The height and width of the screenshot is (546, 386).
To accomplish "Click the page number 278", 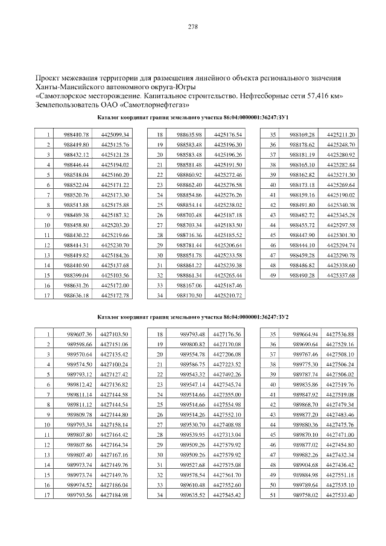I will pyautogui.click(x=193, y=27).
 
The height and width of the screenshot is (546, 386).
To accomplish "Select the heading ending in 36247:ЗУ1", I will pyautogui.click(x=193, y=117).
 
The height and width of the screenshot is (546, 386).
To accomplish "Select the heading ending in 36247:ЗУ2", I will pyautogui.click(x=193, y=317).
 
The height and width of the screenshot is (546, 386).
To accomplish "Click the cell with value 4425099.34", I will pyautogui.click(x=116, y=134).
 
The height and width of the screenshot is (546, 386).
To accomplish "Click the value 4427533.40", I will pyautogui.click(x=340, y=495).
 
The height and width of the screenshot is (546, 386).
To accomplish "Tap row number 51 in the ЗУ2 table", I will pyautogui.click(x=273, y=495).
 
